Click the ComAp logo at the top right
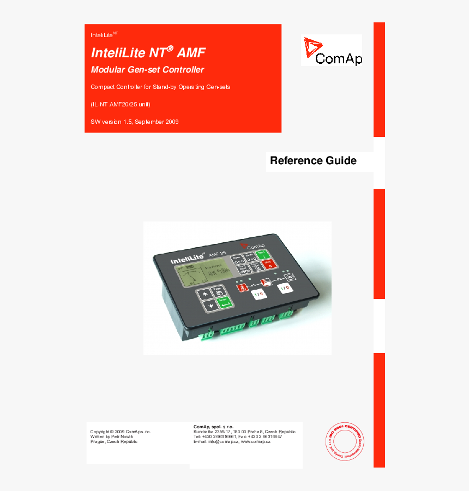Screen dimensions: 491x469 [x=332, y=51]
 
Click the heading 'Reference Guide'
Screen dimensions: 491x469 [x=313, y=160]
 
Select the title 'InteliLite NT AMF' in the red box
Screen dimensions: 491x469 [x=148, y=52]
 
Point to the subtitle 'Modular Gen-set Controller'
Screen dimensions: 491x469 [x=147, y=70]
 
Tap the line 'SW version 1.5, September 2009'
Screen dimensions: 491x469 [x=134, y=122]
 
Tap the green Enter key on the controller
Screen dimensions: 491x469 [x=223, y=303]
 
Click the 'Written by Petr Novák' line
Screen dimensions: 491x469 [x=111, y=436]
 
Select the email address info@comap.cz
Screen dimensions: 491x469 [x=225, y=441]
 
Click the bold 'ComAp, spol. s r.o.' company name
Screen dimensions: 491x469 [x=213, y=427]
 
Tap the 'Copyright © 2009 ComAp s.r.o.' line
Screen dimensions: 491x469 [x=120, y=432]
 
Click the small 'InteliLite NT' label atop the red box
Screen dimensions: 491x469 [x=104, y=34]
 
